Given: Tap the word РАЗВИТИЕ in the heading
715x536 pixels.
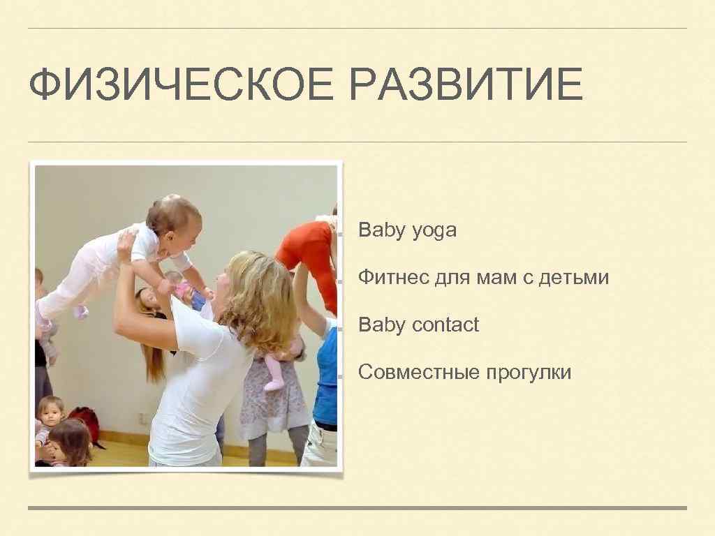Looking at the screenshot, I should click(466, 86).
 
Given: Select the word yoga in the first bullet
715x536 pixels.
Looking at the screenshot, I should click(434, 231).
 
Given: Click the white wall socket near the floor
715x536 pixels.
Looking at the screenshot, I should click(143, 417).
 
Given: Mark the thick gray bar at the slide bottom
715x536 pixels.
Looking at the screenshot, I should click(357, 508).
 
